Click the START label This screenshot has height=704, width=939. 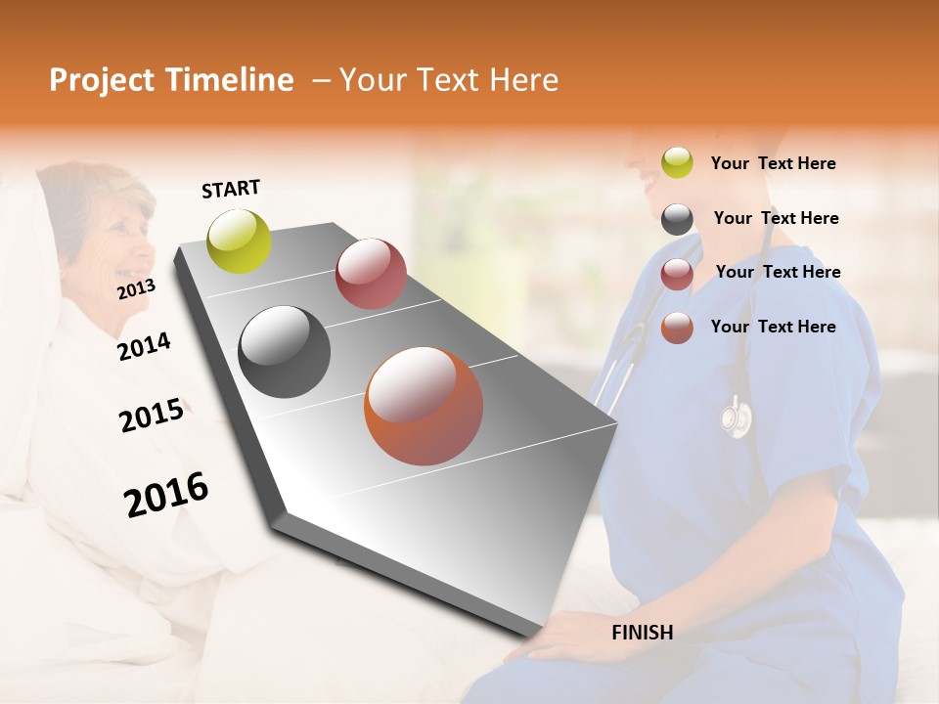click(x=231, y=189)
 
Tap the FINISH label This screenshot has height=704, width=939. click(x=642, y=633)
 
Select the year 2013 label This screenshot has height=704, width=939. click(x=136, y=289)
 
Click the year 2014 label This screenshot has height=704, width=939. click(x=144, y=347)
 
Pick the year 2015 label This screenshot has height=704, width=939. click(x=151, y=416)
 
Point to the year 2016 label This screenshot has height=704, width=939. click(x=166, y=495)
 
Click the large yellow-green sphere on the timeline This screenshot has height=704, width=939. click(x=240, y=241)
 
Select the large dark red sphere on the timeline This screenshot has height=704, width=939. click(x=371, y=274)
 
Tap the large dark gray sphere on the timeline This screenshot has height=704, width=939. click(x=285, y=352)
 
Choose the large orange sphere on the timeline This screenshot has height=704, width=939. click(x=424, y=406)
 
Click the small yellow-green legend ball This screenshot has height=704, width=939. click(x=677, y=163)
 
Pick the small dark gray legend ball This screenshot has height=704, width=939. click(x=677, y=219)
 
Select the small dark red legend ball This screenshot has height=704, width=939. click(x=677, y=274)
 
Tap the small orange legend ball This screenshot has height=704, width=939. click(x=677, y=328)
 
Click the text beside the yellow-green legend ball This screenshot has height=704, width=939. click(x=773, y=164)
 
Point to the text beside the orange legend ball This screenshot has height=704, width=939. click(x=773, y=327)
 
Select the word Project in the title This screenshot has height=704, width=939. click(x=102, y=80)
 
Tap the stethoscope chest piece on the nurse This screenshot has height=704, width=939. click(x=736, y=418)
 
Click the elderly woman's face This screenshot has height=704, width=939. click(x=122, y=240)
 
